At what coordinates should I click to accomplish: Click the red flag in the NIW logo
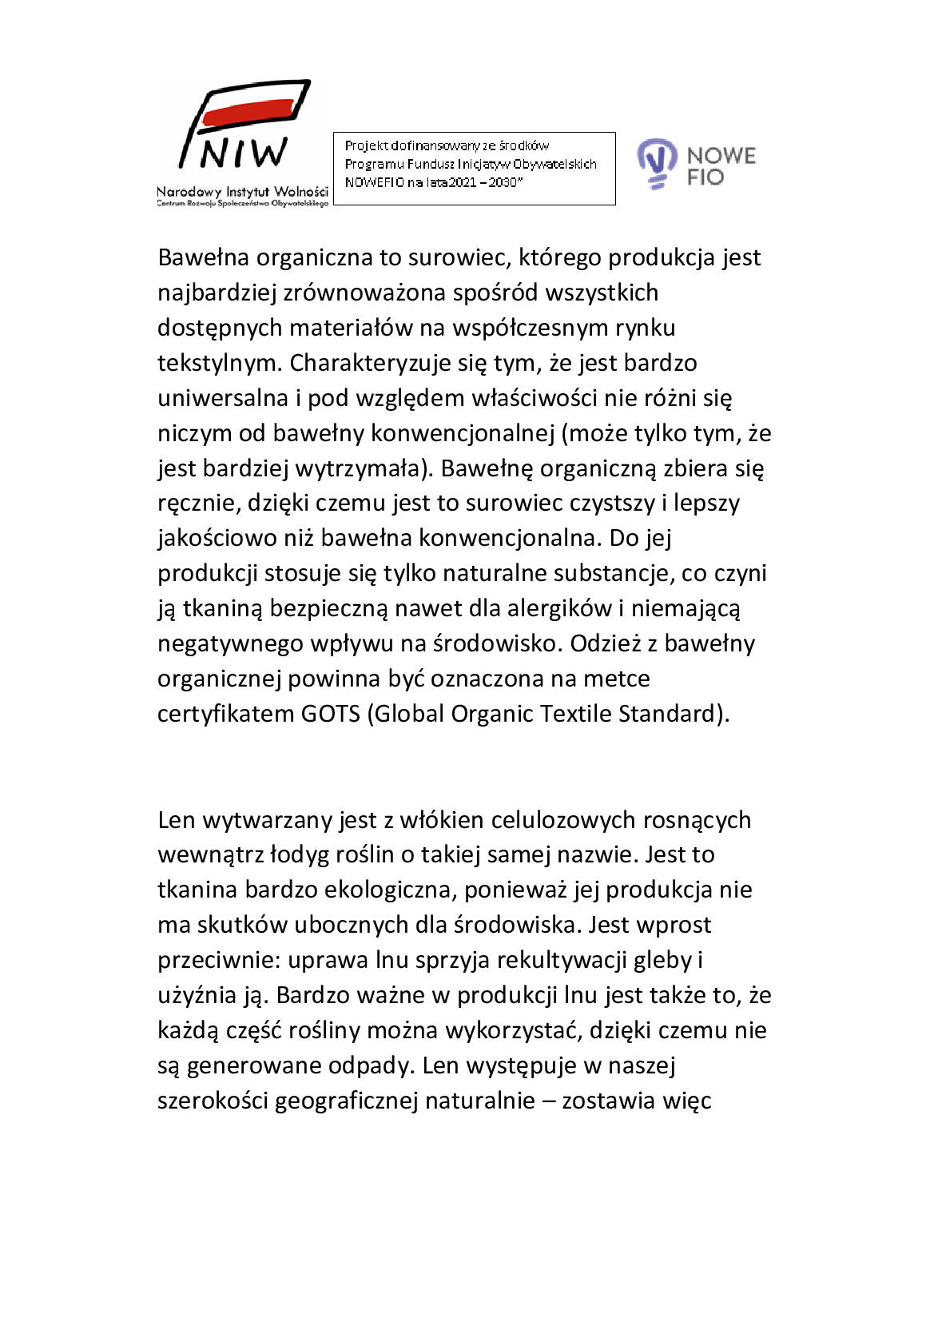[x=248, y=111]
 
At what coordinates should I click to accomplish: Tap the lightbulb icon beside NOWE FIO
[x=656, y=162]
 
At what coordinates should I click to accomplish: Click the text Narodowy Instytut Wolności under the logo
[x=242, y=192]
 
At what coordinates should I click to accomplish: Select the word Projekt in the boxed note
[x=366, y=145]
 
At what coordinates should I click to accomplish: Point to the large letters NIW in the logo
[x=244, y=153]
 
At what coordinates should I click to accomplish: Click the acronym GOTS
[x=330, y=713]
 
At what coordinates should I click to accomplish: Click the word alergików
[x=559, y=608]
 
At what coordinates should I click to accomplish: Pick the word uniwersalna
[x=223, y=398]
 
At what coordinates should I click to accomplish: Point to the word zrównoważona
[x=364, y=293]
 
